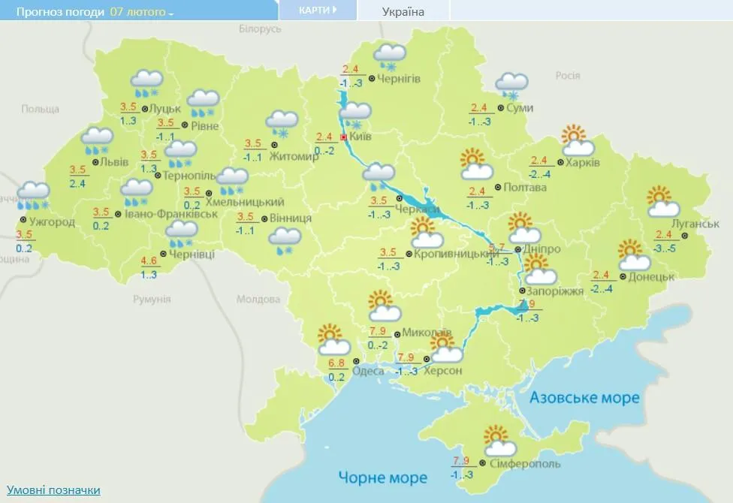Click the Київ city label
(x=360, y=138)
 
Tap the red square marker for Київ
(x=344, y=138)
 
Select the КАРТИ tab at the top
(x=316, y=11)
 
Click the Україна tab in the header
(x=403, y=11)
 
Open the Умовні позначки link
(x=53, y=489)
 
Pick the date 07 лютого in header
(x=137, y=12)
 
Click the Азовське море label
(x=584, y=397)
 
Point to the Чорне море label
(x=382, y=477)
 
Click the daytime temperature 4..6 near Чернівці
(x=149, y=261)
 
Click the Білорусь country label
(x=259, y=29)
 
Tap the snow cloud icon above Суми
(x=511, y=85)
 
